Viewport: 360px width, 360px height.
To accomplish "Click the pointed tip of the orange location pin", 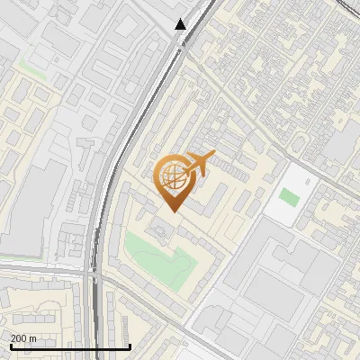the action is (x=172, y=211).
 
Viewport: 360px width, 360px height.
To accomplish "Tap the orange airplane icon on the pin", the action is (x=198, y=163).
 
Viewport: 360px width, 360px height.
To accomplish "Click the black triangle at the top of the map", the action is (x=181, y=24).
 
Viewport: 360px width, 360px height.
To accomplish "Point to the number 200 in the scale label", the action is (x=18, y=338).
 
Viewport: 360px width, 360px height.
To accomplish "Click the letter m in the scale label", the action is (x=33, y=338).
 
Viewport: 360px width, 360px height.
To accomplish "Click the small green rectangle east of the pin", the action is (x=289, y=196).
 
